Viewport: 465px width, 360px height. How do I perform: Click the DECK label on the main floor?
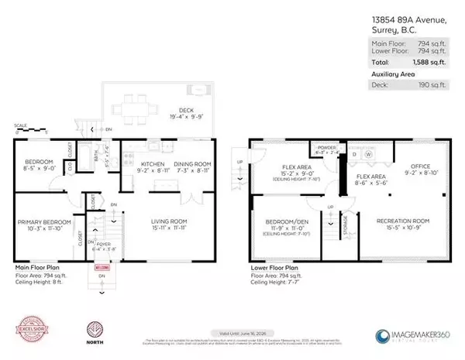coord(177,111)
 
